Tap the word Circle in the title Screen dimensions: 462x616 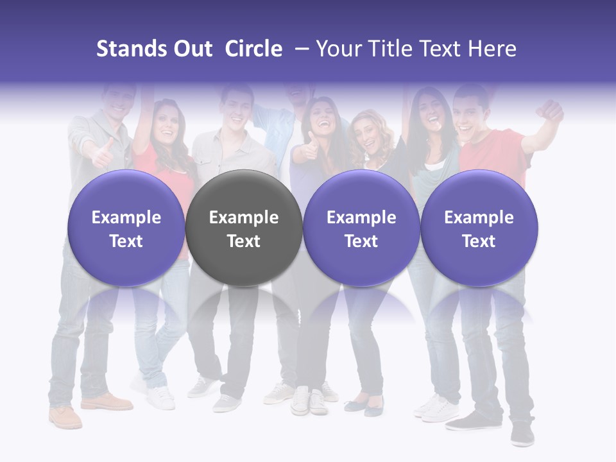(253, 49)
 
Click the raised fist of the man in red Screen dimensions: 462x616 (551, 111)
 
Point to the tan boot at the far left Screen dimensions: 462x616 (65, 416)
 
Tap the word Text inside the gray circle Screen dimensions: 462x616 (244, 241)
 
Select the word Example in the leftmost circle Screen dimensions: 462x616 (126, 218)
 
